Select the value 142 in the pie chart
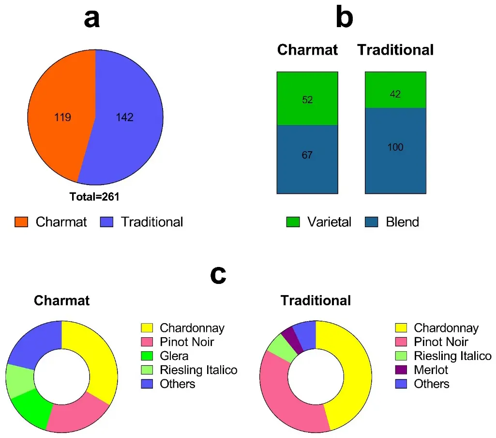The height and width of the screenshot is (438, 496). click(x=125, y=118)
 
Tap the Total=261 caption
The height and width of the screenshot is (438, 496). click(x=94, y=197)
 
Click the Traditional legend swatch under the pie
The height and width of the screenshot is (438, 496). click(x=106, y=222)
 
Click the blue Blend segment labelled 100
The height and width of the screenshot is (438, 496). click(x=395, y=151)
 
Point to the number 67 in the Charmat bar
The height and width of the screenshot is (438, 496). click(x=307, y=155)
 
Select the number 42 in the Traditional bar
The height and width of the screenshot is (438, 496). click(x=395, y=94)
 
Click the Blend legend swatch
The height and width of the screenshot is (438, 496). click(x=371, y=222)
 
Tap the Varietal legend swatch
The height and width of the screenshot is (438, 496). click(x=293, y=222)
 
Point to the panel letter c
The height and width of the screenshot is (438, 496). click(x=218, y=275)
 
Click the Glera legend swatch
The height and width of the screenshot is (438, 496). click(x=147, y=356)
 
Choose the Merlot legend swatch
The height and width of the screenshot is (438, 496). click(x=401, y=370)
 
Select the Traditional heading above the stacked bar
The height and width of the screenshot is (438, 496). click(x=395, y=50)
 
